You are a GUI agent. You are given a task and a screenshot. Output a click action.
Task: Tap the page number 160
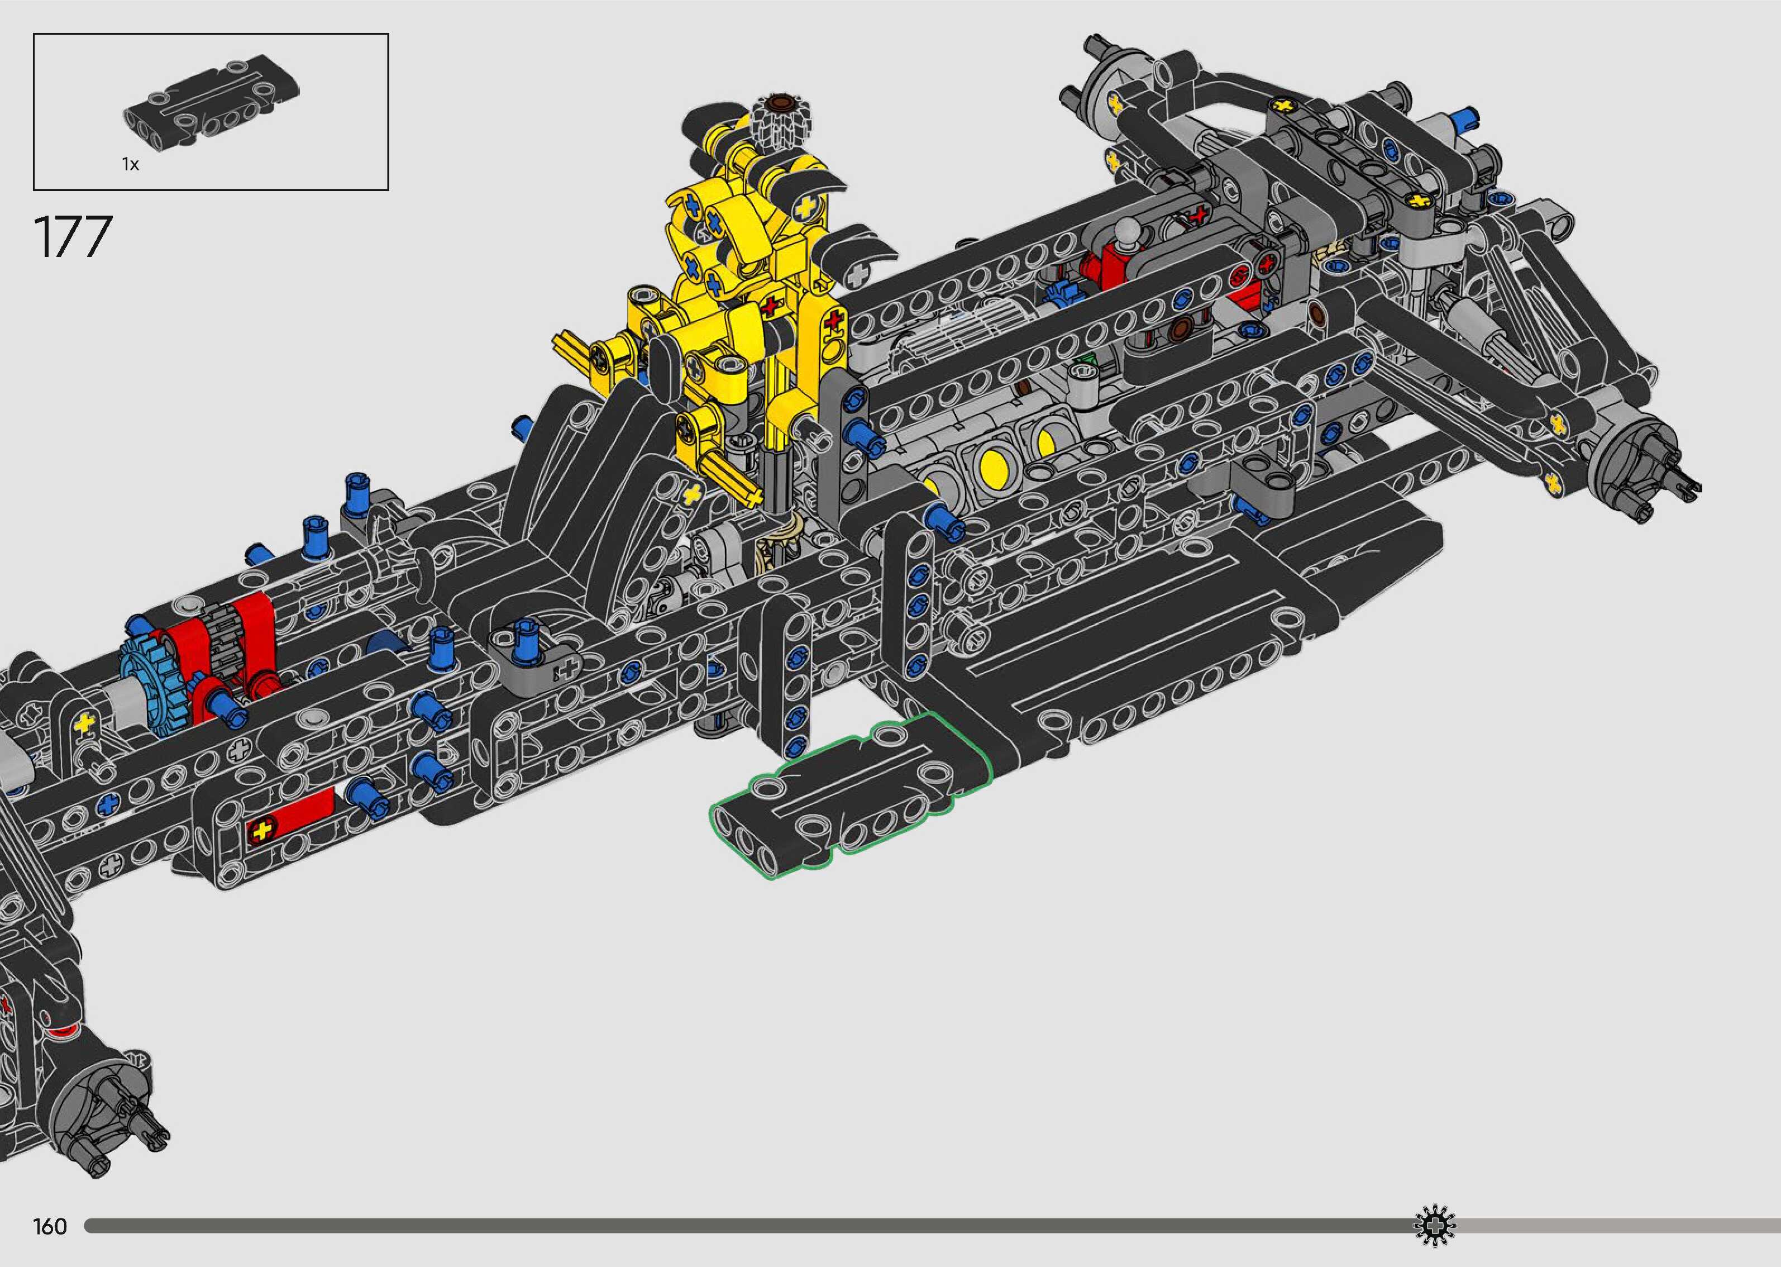point(50,1226)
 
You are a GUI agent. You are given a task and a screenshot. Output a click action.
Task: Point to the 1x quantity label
point(130,164)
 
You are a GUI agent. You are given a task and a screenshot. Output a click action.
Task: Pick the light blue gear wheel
point(150,687)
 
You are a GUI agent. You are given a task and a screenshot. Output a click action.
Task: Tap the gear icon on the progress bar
point(1434,1226)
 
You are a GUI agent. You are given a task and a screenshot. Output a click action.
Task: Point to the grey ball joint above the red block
point(1125,232)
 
